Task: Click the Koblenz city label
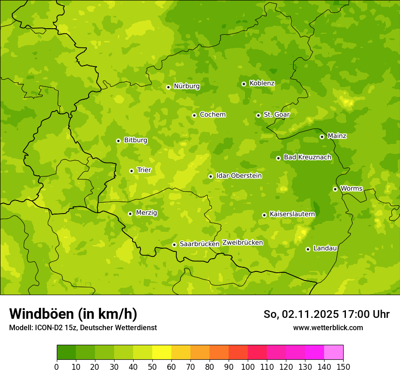click(x=262, y=83)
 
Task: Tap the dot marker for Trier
click(x=131, y=171)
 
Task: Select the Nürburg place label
click(x=186, y=86)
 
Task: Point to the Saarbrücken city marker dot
click(x=174, y=245)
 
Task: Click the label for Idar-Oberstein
click(x=239, y=176)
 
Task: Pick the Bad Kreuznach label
click(x=307, y=157)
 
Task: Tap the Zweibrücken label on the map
click(x=242, y=243)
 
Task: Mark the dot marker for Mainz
click(x=322, y=137)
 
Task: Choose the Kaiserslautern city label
click(x=292, y=214)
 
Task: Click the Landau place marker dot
click(x=308, y=249)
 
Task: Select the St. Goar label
click(x=276, y=115)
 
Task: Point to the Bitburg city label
click(x=135, y=140)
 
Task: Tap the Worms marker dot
click(x=335, y=189)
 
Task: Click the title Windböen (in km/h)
click(x=73, y=314)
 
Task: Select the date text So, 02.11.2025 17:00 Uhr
click(x=326, y=314)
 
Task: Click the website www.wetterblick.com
click(x=328, y=327)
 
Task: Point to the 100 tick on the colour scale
click(x=248, y=367)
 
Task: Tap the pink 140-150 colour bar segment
click(x=334, y=352)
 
